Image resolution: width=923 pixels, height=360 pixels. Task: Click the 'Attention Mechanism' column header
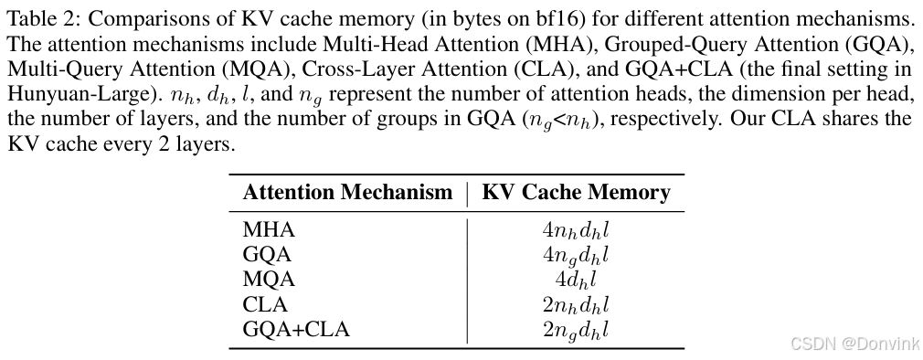(x=347, y=193)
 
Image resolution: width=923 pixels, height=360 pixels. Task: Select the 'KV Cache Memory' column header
(x=576, y=193)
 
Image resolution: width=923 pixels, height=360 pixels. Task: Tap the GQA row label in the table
(x=261, y=254)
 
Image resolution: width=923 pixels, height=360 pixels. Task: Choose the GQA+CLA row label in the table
(x=296, y=329)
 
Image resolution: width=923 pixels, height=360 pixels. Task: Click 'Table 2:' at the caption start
(x=36, y=18)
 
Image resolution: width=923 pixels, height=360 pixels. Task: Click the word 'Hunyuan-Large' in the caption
(x=58, y=93)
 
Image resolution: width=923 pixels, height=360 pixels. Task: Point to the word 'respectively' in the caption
(x=670, y=119)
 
